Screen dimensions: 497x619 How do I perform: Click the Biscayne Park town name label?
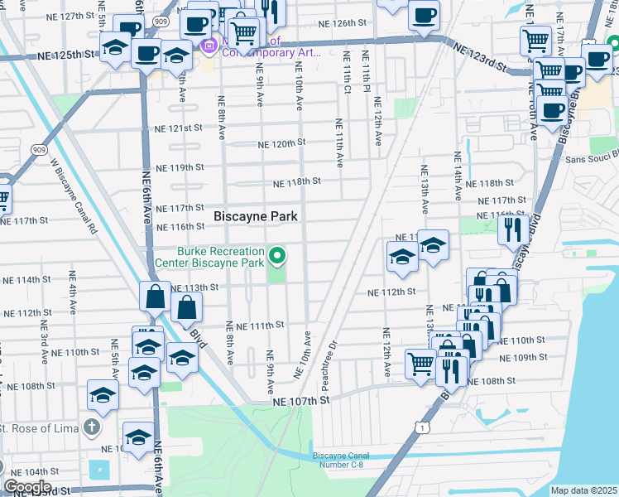tap(256, 216)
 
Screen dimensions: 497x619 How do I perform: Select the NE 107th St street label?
tap(302, 399)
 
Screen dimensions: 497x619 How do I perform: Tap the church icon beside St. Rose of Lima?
tap(92, 427)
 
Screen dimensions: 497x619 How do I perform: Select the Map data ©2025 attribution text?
tap(583, 490)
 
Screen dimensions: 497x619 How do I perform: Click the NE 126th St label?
tap(338, 24)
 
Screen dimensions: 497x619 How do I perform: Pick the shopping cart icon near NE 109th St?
tap(420, 363)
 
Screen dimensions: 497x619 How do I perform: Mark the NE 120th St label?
tap(281, 143)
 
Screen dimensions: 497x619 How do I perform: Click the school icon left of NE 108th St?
tap(103, 398)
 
